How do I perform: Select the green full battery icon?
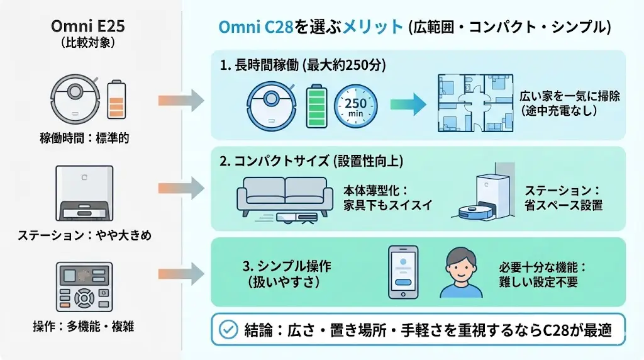317,104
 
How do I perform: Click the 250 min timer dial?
355,104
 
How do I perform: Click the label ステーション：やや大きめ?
84,235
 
